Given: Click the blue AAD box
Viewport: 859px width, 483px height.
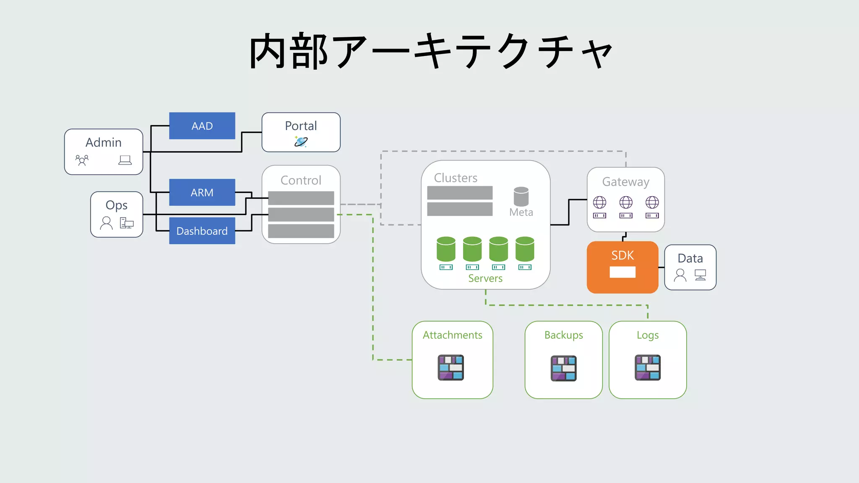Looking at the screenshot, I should [x=202, y=126].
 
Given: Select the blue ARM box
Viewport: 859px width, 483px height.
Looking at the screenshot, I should [x=202, y=192].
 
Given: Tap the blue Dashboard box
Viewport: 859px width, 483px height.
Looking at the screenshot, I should [x=202, y=231].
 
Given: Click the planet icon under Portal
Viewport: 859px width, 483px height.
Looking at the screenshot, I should [x=301, y=142].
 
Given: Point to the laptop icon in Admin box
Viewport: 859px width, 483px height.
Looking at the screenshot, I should [x=125, y=160].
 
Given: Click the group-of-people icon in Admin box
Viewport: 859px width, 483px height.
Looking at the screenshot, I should [x=82, y=160].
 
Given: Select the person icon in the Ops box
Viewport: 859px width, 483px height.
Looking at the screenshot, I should [x=107, y=223].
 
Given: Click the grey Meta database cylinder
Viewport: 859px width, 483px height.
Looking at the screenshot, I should [x=521, y=196].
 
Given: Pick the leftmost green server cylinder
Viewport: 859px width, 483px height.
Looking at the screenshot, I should [x=446, y=249].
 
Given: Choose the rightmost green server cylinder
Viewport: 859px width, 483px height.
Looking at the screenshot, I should [x=525, y=249].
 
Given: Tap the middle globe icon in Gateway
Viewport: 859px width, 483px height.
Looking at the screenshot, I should [x=626, y=203].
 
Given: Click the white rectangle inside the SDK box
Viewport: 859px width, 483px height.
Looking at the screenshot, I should [x=622, y=272].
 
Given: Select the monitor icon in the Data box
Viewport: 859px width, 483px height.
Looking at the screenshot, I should [x=700, y=275].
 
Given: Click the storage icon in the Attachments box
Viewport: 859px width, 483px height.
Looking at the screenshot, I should [x=450, y=367].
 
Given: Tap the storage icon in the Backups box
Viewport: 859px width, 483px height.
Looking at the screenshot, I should [x=563, y=368].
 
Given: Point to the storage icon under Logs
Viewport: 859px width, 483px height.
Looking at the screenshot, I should [x=648, y=367].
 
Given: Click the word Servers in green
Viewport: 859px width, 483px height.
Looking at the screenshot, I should [x=485, y=278].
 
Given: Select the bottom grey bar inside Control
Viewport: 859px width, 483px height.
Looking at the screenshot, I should [x=301, y=231].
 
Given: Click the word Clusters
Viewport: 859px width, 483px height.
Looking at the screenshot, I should [x=456, y=178].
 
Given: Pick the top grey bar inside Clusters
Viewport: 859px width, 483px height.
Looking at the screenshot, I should [x=460, y=193].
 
